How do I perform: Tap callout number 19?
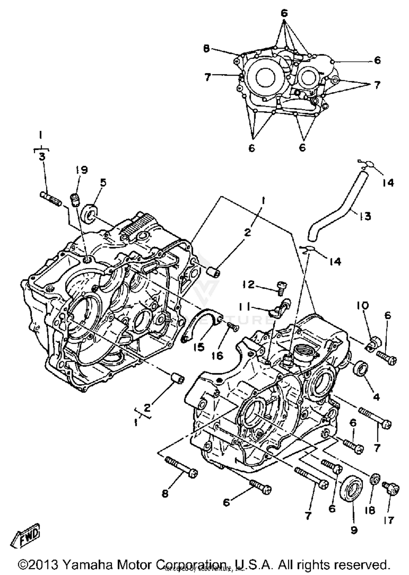point(81,170)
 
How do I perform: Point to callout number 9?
point(354,530)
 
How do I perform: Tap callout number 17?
point(389,520)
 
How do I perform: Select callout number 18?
point(370,510)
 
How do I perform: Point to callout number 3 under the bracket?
point(42,157)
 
